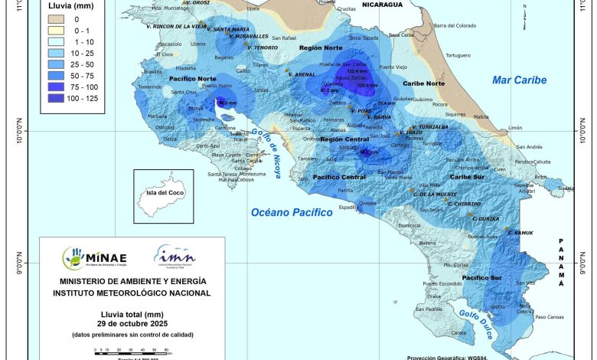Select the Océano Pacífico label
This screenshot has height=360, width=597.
point(292,212)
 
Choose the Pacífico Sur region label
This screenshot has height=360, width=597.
point(481,277)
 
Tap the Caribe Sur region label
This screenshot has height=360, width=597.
point(466,176)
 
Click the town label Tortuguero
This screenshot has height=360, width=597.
point(458,55)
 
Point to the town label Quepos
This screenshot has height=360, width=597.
point(368,203)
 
